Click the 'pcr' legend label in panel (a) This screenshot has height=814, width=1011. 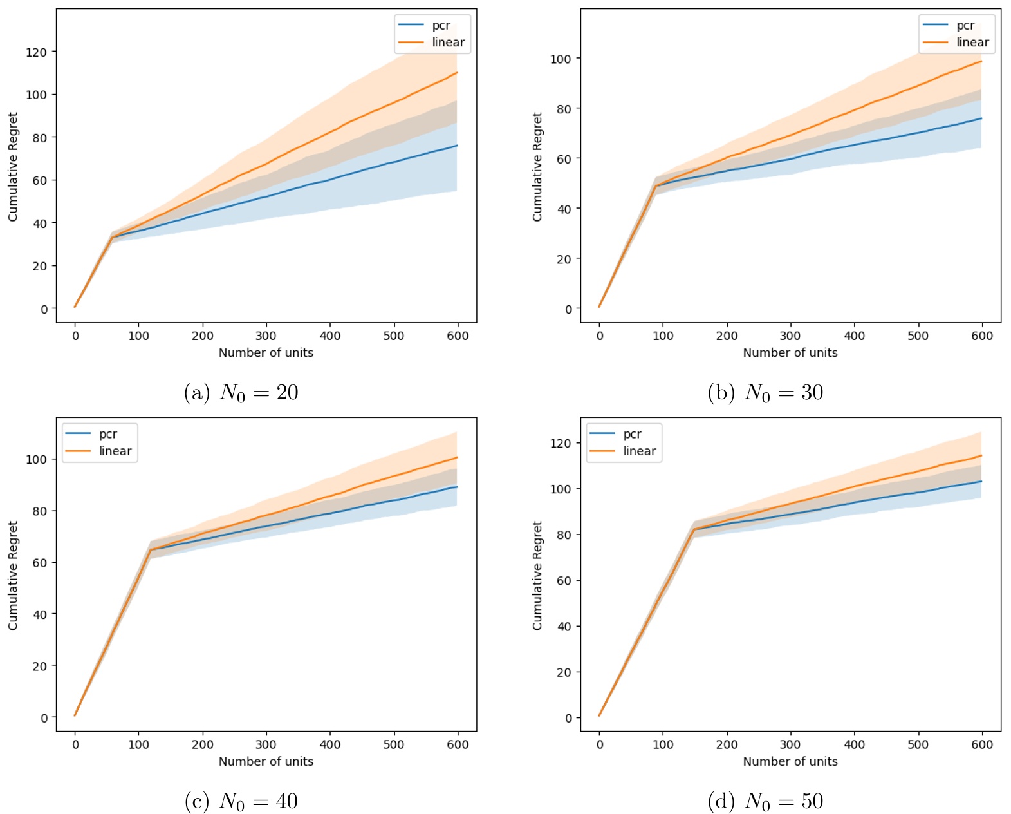441,26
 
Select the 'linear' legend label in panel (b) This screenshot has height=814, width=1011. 972,43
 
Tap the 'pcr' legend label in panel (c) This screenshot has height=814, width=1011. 108,434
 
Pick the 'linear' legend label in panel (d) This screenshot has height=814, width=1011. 639,451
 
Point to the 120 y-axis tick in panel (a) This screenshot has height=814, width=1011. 36,52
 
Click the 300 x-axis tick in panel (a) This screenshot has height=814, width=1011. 266,336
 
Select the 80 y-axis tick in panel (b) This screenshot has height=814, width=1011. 564,109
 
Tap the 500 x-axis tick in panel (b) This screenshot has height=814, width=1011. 918,336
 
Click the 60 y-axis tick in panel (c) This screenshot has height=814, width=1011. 40,563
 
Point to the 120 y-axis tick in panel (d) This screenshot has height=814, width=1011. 561,443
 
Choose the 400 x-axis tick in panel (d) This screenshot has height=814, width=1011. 854,744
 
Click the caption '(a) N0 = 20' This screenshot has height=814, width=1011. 241,392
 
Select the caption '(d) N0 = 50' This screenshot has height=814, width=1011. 765,801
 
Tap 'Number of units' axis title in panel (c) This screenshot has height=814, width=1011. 266,761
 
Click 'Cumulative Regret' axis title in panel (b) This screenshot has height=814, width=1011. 537,167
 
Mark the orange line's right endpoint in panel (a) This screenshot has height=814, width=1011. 457,73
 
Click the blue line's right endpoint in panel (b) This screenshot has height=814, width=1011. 981,118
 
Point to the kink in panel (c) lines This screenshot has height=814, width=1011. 151,550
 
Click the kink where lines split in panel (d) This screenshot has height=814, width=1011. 694,529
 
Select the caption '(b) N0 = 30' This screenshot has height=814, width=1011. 765,392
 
